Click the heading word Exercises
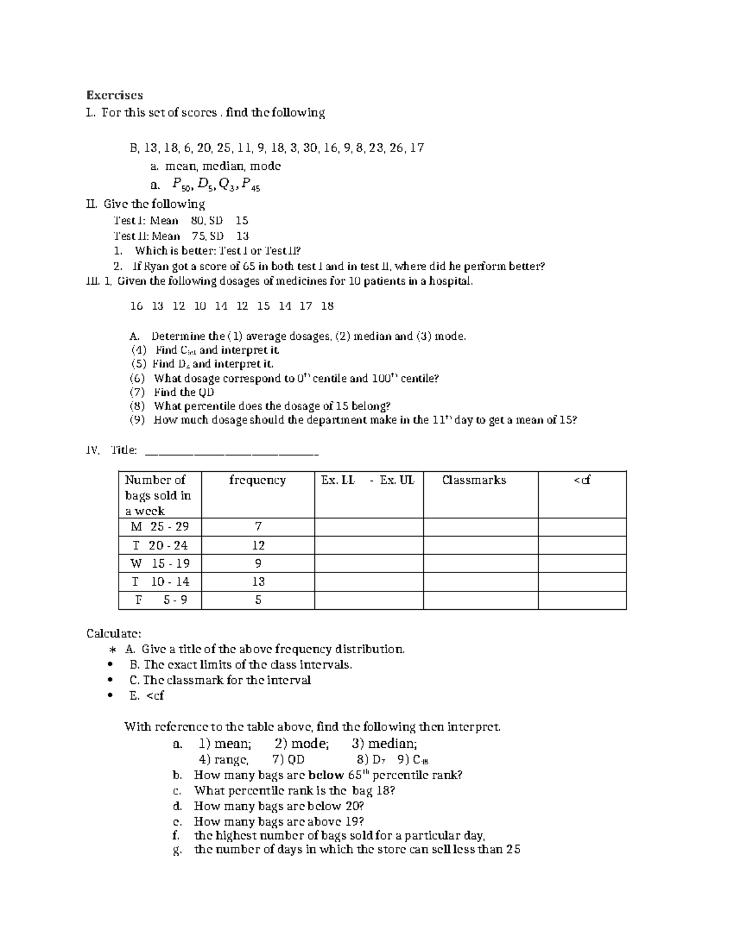coord(114,95)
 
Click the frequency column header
coord(257,480)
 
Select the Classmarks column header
coord(474,480)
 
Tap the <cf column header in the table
coord(582,480)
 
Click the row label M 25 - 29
coord(160,527)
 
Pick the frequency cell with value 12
coord(258,545)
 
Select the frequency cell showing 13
coord(258,582)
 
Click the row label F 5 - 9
coord(160,600)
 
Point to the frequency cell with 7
coord(258,527)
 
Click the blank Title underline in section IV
coord(231,452)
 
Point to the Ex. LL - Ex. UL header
coord(368,480)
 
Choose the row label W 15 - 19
coord(160,563)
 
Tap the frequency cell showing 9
coord(258,563)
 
